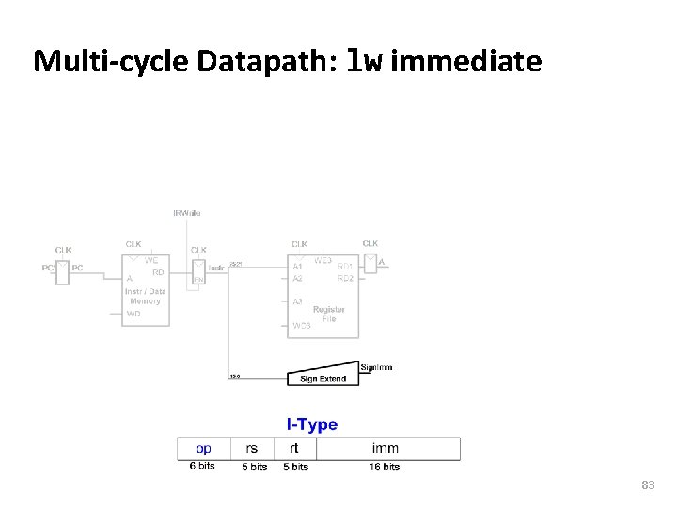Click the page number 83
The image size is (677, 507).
tap(647, 485)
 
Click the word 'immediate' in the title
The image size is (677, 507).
tap(465, 62)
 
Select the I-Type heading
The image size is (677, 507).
tap(312, 424)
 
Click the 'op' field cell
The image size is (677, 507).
tap(202, 448)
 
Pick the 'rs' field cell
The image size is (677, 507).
tap(252, 448)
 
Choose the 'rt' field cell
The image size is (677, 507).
tap(293, 448)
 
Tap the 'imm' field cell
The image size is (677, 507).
tap(385, 448)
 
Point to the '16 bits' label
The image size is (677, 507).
tap(384, 467)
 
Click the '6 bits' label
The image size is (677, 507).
tap(202, 467)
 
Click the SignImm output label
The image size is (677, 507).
tap(376, 367)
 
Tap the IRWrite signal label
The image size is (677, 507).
tap(186, 213)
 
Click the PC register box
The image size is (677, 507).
tap(63, 271)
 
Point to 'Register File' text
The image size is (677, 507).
tap(328, 314)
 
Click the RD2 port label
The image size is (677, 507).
tap(346, 279)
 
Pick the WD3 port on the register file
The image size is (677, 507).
tap(302, 325)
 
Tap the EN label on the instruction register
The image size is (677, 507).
tap(198, 280)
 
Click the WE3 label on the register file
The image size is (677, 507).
tap(322, 260)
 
